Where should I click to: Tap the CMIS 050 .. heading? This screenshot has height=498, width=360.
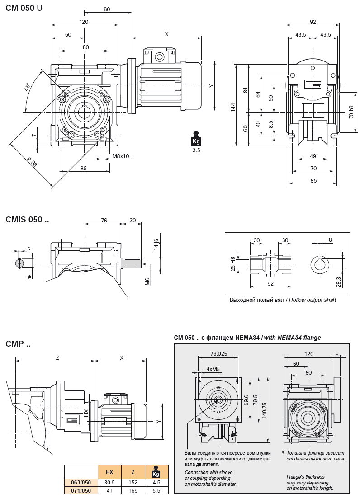(27, 220)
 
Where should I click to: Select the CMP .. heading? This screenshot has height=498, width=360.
(18, 344)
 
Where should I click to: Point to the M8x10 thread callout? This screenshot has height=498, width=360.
(120, 156)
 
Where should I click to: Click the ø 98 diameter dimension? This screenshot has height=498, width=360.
(32, 162)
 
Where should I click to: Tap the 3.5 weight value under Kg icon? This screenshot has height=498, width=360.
(196, 150)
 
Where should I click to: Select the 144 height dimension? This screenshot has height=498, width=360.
(233, 107)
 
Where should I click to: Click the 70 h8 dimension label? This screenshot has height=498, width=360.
(351, 112)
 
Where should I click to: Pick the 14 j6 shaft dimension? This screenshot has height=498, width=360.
(156, 244)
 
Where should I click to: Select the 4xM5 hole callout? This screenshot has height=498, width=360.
(213, 369)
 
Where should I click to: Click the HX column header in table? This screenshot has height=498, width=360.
(109, 472)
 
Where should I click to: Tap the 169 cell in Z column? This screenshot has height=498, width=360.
(133, 490)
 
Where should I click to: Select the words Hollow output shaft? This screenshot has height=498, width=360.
(313, 300)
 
